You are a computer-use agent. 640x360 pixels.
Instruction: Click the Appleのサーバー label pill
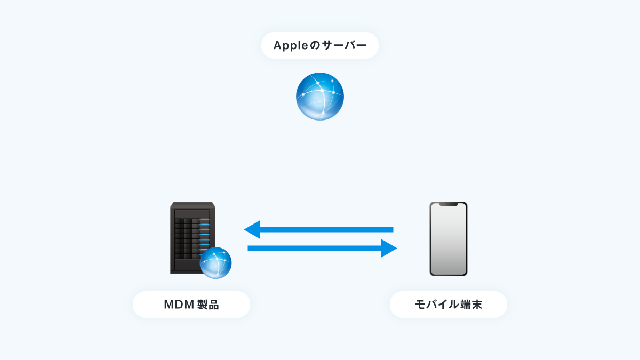(319, 45)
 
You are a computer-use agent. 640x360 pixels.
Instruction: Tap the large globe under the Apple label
(319, 97)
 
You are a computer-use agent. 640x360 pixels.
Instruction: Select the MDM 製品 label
(191, 305)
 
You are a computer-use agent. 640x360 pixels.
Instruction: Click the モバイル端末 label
(449, 305)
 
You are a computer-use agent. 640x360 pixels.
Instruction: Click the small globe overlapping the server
(215, 263)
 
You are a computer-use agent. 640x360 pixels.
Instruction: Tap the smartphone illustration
(449, 239)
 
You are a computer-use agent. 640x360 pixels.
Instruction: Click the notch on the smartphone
(449, 204)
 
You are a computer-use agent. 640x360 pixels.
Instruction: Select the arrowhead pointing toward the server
(252, 229)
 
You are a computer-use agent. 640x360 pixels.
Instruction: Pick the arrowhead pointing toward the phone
(389, 249)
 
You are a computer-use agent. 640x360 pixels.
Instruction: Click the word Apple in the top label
(291, 46)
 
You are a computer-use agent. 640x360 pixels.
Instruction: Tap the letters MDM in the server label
(179, 305)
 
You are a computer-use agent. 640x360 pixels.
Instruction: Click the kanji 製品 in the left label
(208, 305)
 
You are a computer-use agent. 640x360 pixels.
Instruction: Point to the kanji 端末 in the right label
(471, 305)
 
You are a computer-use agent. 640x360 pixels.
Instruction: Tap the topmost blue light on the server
(205, 219)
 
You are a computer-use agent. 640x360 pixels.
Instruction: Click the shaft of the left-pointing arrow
(327, 229)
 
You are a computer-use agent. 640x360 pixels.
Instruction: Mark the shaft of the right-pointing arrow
(314, 249)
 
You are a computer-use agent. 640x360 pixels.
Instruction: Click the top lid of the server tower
(193, 205)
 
